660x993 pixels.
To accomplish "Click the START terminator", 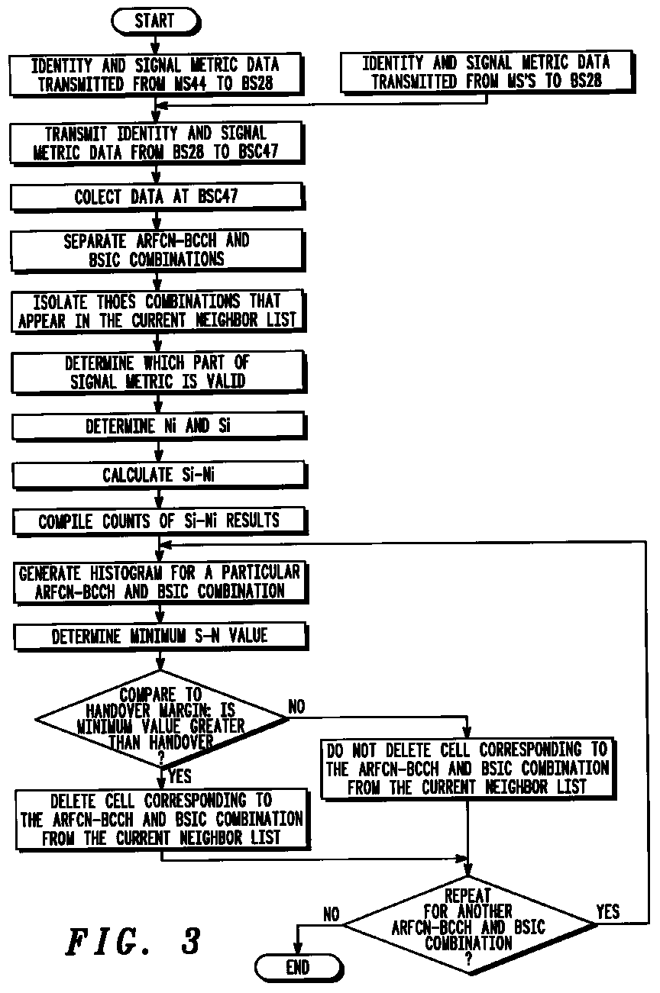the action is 156,21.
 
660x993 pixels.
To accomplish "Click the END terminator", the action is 299,967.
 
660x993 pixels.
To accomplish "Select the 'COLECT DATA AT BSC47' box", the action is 157,196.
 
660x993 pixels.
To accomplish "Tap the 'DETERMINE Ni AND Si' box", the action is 159,426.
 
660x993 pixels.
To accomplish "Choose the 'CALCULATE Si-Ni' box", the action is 159,475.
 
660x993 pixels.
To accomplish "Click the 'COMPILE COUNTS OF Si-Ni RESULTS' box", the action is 160,521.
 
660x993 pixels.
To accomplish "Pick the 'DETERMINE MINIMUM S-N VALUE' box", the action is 161,637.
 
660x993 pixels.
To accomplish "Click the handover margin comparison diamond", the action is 161,718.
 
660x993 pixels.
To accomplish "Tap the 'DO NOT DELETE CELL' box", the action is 468,769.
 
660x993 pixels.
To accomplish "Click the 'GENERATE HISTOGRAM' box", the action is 160,582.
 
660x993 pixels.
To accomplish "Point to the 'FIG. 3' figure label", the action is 133,940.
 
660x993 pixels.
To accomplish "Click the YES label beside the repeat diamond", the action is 607,911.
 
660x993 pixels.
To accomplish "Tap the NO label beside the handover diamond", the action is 296,707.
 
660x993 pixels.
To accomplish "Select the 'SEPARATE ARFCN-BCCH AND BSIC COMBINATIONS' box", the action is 157,250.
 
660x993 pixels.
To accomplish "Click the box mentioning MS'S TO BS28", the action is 487,72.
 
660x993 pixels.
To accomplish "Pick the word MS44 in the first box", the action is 191,84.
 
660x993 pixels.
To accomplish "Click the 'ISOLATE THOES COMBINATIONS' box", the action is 158,311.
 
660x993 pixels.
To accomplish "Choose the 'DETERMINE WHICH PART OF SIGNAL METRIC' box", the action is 158,372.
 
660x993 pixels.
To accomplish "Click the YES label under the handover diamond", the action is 180,776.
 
